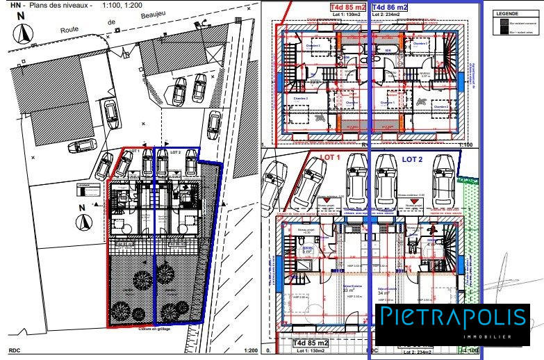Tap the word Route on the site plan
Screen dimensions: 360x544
[x=70, y=31]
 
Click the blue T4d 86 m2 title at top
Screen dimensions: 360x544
[x=390, y=7]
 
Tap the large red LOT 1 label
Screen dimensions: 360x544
[x=331, y=158]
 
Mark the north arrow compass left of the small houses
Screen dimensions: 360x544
[x=84, y=222]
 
